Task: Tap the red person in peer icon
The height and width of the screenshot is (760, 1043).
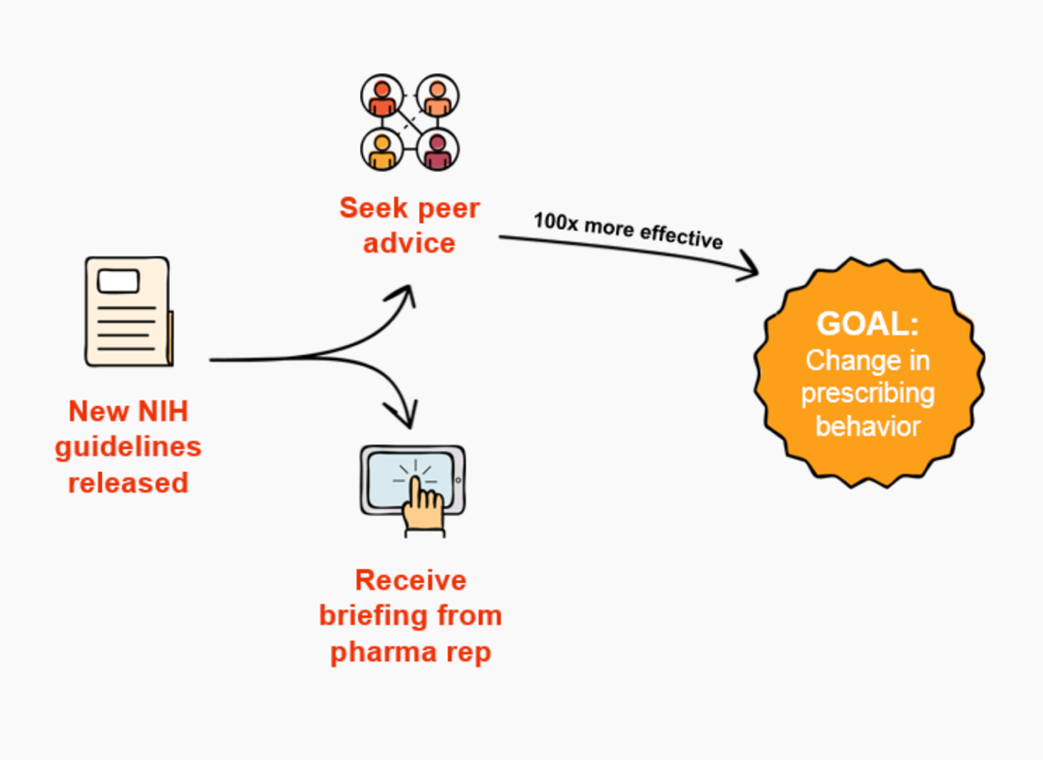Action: tap(381, 96)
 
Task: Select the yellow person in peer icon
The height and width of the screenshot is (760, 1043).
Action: tap(381, 151)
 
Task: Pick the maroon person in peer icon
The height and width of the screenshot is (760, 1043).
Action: tap(437, 151)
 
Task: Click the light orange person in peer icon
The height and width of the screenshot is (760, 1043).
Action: tap(437, 96)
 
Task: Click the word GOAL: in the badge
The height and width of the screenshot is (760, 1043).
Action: tap(867, 324)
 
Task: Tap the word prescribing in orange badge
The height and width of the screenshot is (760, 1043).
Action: tap(867, 393)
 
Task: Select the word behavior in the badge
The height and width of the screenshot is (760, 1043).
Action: tap(867, 426)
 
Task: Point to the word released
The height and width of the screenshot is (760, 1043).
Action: tap(128, 483)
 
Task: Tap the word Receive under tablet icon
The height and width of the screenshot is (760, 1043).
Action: tap(410, 580)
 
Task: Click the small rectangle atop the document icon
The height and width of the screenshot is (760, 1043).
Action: tap(118, 281)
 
